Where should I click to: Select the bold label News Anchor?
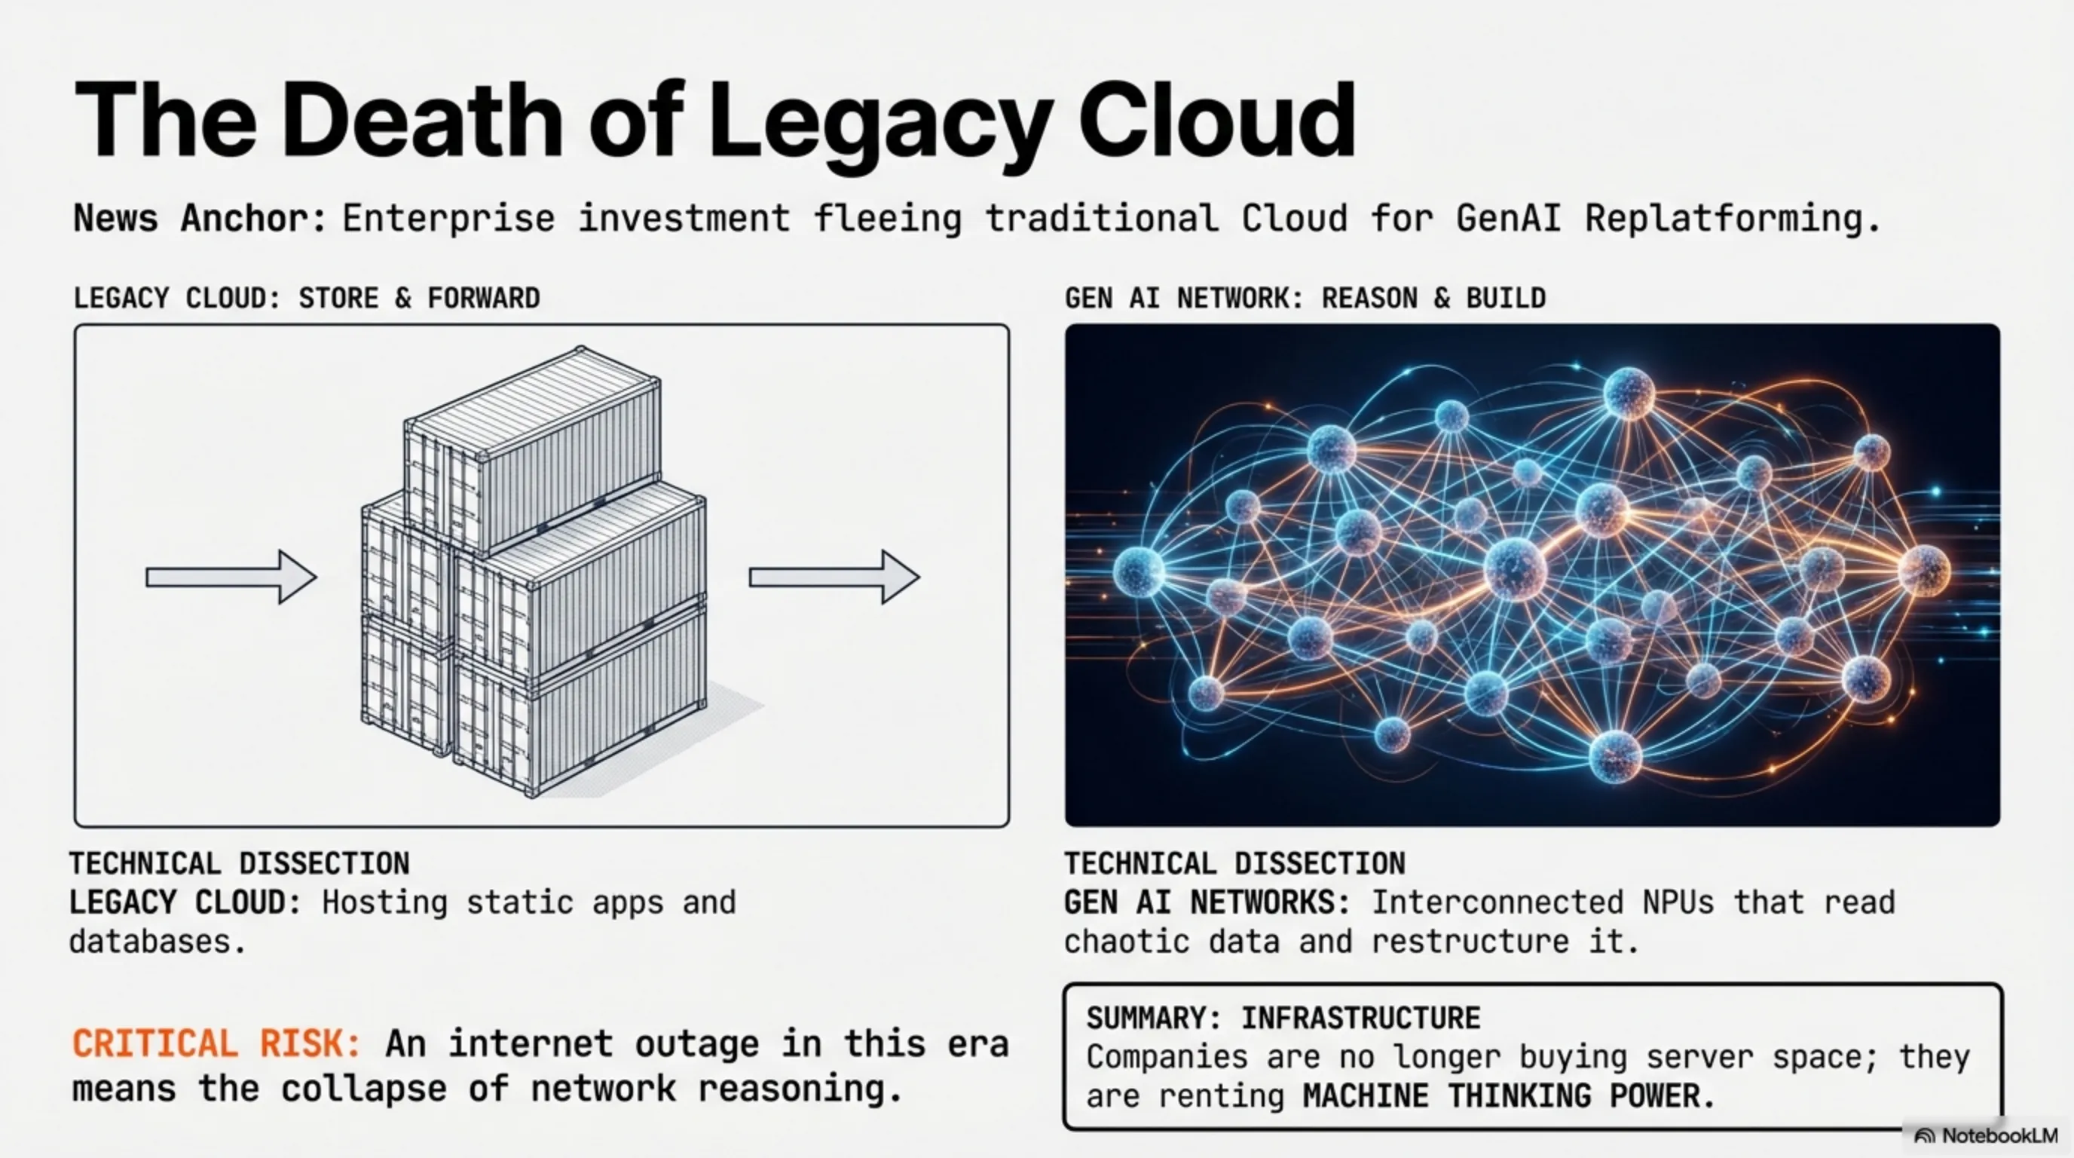tap(200, 218)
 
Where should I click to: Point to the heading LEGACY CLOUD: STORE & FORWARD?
tap(307, 298)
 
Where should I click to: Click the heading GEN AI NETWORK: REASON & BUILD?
tap(1305, 298)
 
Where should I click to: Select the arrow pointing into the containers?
tap(231, 577)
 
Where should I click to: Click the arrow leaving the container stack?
tap(834, 577)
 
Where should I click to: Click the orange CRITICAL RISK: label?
tap(216, 1043)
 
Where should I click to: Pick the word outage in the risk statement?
tap(697, 1044)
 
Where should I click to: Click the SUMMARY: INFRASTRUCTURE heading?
tap(1283, 1018)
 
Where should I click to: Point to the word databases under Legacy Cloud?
tap(158, 942)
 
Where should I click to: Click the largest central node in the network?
tap(1516, 568)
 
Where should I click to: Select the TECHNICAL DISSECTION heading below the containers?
tap(239, 863)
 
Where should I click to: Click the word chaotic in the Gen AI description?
tap(1127, 942)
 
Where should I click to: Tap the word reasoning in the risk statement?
tap(800, 1089)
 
